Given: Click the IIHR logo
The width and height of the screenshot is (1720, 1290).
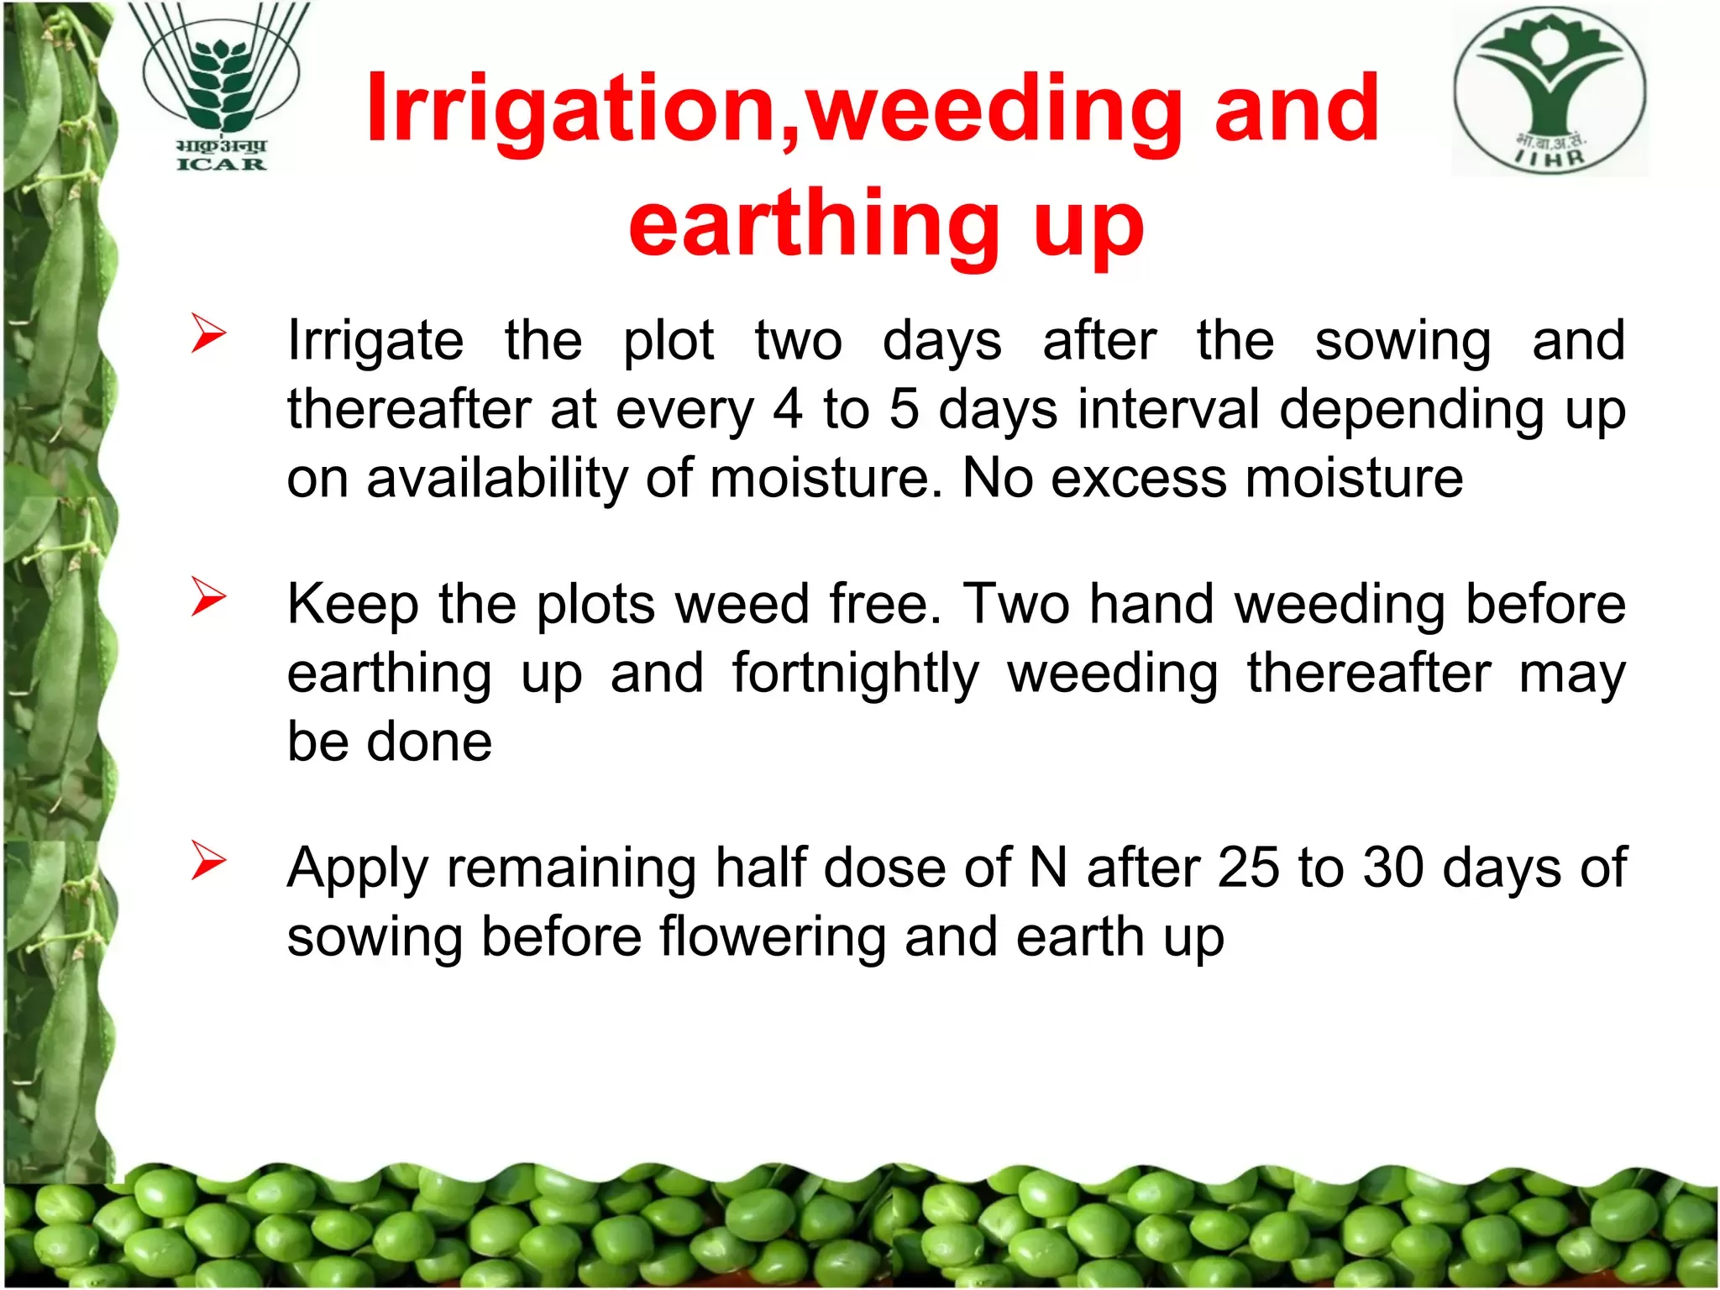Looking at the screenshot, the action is [x=1550, y=91].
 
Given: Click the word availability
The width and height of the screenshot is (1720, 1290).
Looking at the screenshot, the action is [x=496, y=480].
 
